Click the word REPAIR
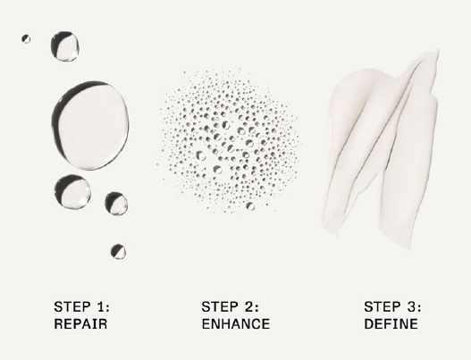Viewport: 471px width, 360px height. (x=80, y=324)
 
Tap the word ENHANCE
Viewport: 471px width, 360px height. (x=236, y=324)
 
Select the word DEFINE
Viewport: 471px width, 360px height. (x=391, y=324)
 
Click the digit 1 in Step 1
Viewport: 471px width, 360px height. (x=102, y=307)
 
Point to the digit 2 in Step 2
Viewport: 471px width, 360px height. (x=250, y=307)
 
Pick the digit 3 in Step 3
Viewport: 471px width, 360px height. (x=413, y=307)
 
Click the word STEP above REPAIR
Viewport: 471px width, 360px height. (x=72, y=307)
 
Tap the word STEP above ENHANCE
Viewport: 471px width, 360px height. (x=220, y=307)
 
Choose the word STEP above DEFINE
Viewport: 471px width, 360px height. (x=383, y=307)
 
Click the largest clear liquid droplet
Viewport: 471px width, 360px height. (x=90, y=125)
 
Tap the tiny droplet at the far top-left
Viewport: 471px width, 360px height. (x=26, y=38)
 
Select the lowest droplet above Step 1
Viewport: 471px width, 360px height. (x=118, y=252)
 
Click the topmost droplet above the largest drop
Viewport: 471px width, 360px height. (x=64, y=46)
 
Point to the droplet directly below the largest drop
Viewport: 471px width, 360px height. (x=72, y=191)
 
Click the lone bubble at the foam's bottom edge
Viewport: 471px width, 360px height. (x=250, y=206)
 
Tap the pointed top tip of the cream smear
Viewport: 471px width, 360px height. (x=438, y=52)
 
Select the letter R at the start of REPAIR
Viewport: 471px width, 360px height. (x=58, y=324)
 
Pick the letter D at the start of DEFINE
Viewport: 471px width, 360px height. (x=369, y=324)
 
